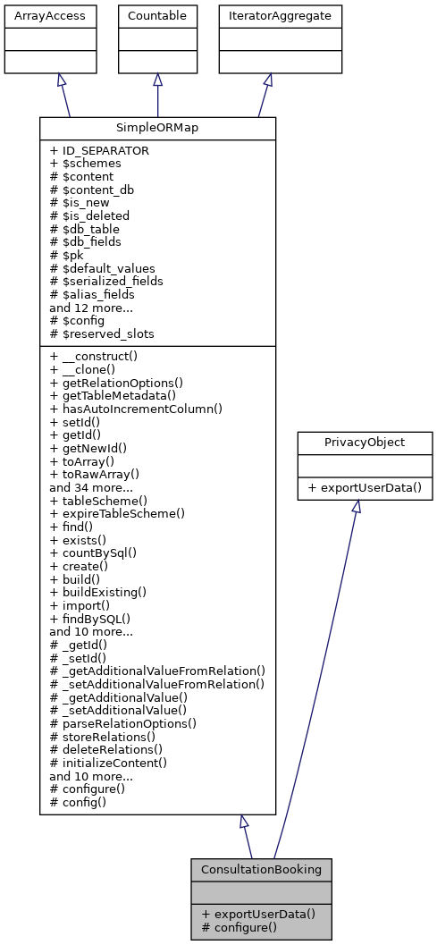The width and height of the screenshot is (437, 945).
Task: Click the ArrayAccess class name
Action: (x=37, y=15)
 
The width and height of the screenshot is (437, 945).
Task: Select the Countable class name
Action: (x=158, y=15)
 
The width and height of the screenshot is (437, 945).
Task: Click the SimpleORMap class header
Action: (x=157, y=128)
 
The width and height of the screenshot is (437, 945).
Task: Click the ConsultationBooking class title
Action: (x=261, y=869)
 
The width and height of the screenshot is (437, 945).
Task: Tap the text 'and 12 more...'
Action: (x=92, y=308)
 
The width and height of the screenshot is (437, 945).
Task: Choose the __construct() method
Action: (x=89, y=356)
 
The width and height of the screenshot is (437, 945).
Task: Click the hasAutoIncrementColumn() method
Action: (x=135, y=409)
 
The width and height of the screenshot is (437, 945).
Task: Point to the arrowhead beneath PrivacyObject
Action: (x=356, y=506)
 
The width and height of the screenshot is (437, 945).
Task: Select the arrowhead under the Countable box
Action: (x=158, y=80)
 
